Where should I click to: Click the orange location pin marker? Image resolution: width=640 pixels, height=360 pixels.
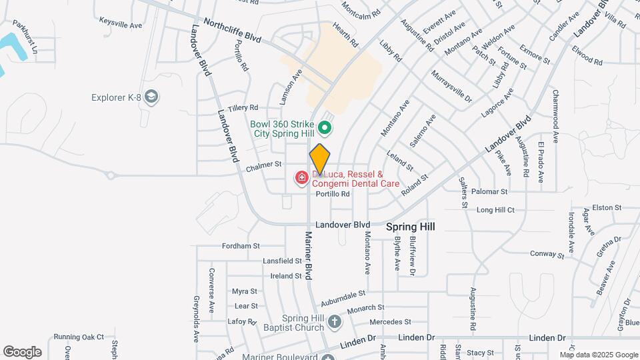pos(320,159)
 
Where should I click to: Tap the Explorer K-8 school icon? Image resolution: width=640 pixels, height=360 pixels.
pos(152,97)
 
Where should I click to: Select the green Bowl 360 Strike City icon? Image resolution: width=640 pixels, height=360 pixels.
pos(325,127)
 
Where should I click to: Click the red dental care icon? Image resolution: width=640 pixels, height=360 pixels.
pos(301,177)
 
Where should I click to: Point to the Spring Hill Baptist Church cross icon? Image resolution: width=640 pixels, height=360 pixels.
pos(335,323)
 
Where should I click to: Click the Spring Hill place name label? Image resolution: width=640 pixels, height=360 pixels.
pos(411,227)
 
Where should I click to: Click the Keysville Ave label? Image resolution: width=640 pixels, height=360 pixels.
pos(121,21)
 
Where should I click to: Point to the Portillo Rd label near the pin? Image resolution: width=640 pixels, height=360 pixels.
pos(333,194)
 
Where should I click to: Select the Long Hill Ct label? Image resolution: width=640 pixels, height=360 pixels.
pos(495,210)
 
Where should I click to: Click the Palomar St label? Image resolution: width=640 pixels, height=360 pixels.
pos(489,191)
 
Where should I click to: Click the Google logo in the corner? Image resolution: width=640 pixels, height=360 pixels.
pos(22,351)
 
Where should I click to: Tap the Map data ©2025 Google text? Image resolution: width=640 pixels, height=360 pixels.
pos(598,355)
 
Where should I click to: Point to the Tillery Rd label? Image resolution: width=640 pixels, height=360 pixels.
pos(243,107)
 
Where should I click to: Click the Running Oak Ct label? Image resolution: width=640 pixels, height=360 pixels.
pos(79,337)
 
